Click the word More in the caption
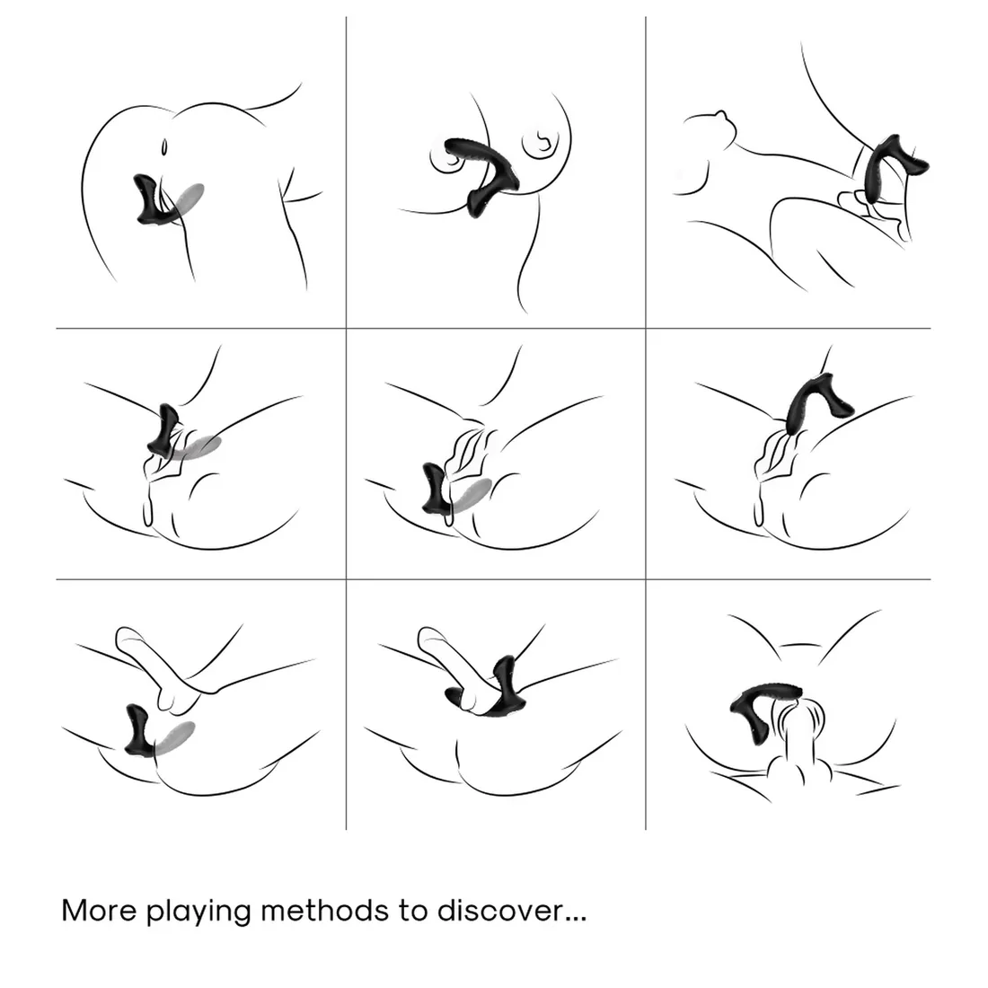coord(99,911)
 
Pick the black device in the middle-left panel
coord(165,431)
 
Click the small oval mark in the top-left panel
coord(163,147)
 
